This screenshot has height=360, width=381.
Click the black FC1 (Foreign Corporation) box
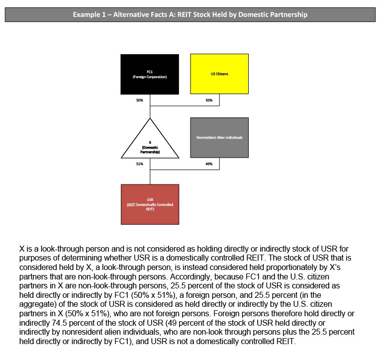coord(150,74)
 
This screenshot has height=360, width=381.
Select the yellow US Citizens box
coord(219,74)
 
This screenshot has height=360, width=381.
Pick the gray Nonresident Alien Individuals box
coord(219,137)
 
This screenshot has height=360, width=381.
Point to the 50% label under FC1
coord(139,100)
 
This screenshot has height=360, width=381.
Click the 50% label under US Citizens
coord(209,100)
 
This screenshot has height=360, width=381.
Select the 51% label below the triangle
coord(139,164)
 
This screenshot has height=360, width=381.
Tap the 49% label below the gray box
coord(209,164)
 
